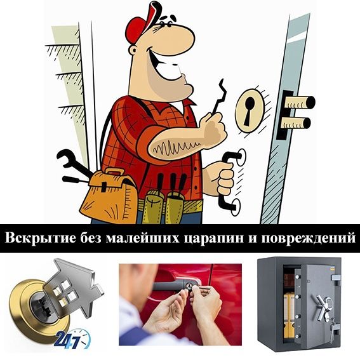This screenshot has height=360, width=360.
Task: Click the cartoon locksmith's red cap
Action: click(140, 23)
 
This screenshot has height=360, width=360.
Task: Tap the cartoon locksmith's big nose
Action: click(178, 39)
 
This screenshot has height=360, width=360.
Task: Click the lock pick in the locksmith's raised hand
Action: click(218, 98)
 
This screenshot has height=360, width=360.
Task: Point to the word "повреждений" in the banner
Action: click(309, 238)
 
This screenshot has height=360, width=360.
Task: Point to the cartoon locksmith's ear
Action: click(133, 50)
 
